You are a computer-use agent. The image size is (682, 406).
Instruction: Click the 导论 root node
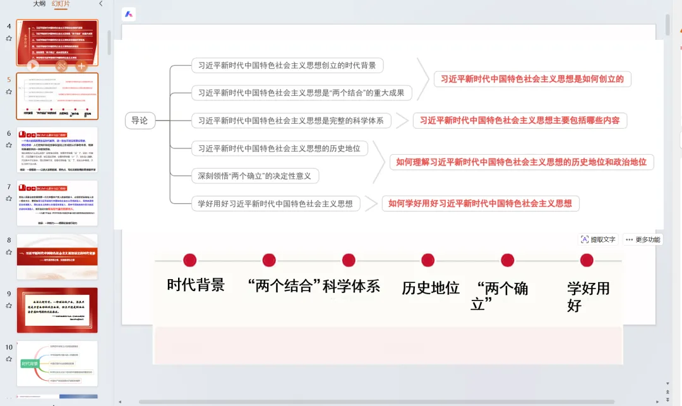point(140,120)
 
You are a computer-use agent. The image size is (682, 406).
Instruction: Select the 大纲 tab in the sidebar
point(40,4)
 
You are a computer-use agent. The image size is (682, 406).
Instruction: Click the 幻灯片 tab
point(61,4)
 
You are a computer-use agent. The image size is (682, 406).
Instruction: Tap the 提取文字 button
point(598,239)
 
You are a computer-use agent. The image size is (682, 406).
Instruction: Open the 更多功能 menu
point(643,239)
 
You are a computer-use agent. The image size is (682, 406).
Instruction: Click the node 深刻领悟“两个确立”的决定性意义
point(255,176)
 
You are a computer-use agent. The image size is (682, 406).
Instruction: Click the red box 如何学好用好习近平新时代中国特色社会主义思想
point(480,203)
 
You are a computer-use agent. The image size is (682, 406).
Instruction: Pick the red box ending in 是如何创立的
point(532,79)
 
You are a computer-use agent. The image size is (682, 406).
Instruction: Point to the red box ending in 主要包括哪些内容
point(520,120)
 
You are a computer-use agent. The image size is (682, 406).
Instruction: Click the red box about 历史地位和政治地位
point(521,162)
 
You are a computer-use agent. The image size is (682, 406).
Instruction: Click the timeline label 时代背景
point(196,285)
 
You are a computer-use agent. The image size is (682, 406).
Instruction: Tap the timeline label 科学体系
point(351,286)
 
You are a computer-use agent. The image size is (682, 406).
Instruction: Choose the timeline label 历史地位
point(431,288)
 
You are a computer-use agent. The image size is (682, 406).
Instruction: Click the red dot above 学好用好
point(587,260)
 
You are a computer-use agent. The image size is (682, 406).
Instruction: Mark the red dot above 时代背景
point(189,260)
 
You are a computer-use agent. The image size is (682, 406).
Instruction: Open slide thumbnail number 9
point(57,310)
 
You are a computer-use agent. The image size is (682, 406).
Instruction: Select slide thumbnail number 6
point(57,150)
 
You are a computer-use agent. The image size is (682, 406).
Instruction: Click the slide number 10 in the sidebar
point(9,347)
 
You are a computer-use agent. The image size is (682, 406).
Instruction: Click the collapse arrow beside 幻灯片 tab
point(101,4)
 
